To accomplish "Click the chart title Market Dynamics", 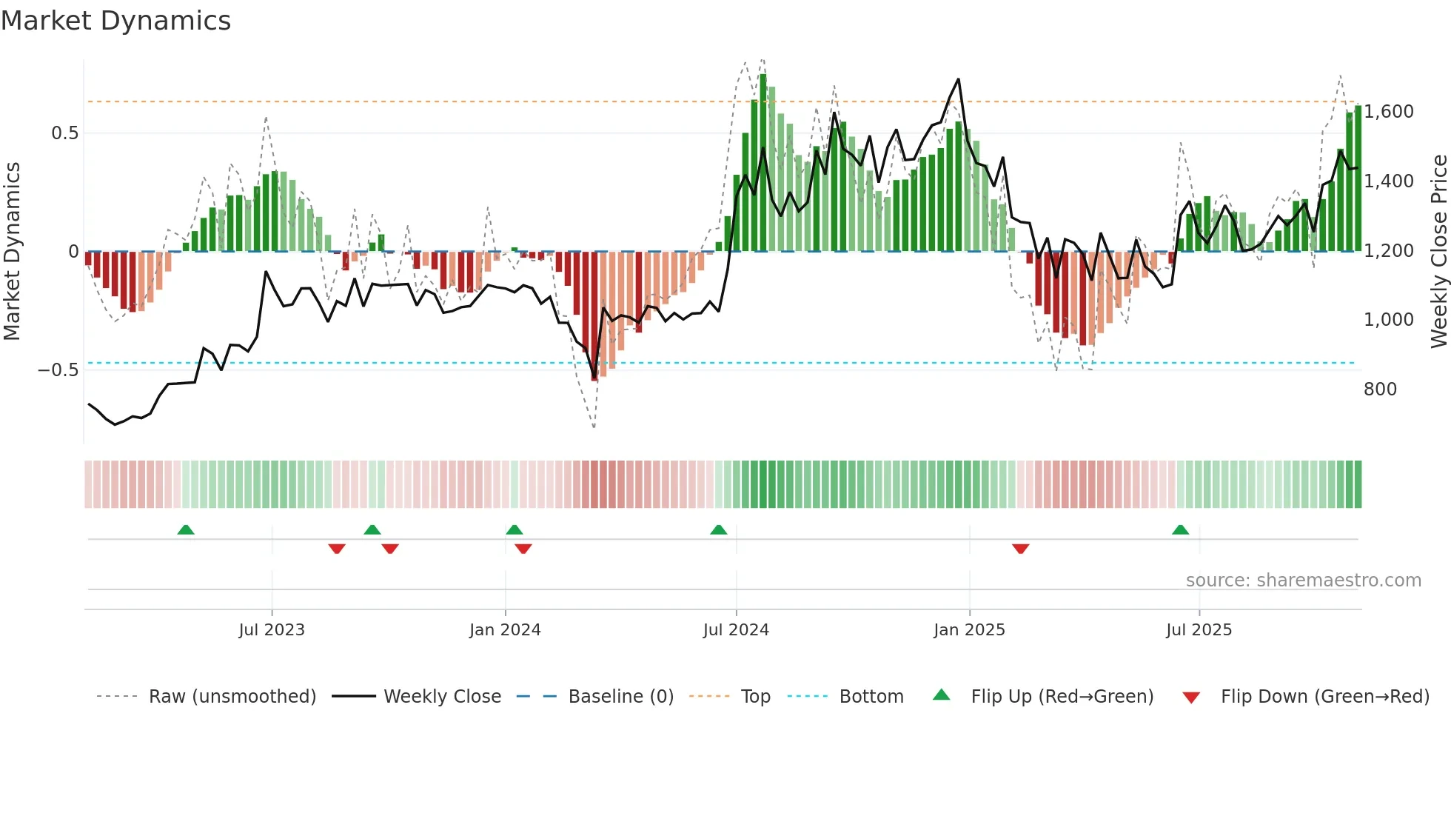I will (115, 21).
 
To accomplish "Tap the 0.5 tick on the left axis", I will (64, 133).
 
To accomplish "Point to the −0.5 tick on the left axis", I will (58, 370).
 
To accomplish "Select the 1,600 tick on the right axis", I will (1389, 112).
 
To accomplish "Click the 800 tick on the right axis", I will (1380, 389).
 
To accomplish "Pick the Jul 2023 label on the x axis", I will (272, 630).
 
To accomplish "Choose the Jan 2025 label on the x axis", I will (969, 630).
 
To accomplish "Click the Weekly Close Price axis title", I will (1438, 252).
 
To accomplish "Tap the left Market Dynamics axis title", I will (12, 252).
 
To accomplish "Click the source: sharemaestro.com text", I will (1303, 581).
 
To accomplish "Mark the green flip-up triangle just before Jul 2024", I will (718, 530).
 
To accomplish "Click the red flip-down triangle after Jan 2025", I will (1020, 549).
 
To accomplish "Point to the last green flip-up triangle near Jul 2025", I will (1180, 530).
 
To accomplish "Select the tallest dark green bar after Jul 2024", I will (763, 163).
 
